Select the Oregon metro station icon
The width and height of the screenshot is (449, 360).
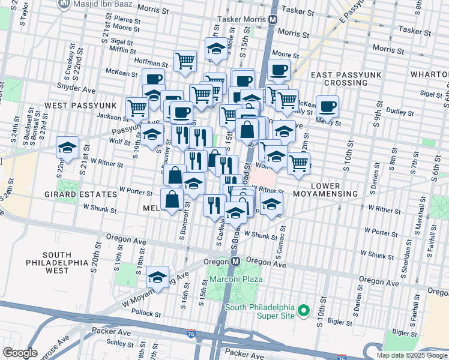[x=237, y=262]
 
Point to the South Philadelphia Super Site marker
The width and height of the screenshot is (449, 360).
[x=304, y=310]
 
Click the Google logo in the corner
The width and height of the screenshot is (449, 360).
[x=20, y=353]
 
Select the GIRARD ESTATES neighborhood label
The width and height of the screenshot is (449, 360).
[x=80, y=194]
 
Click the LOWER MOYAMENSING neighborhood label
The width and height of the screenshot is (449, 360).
[x=325, y=190]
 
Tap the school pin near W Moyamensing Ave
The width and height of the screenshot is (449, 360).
[x=157, y=277]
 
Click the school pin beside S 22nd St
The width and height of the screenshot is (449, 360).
[x=67, y=148]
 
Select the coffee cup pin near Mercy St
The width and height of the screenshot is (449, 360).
[x=327, y=106]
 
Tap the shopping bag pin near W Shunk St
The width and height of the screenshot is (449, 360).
[x=172, y=199]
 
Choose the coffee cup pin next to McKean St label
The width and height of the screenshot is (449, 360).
[x=153, y=79]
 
